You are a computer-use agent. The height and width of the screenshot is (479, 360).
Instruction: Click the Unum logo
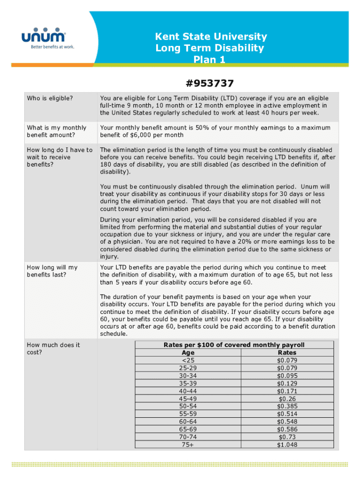click(43, 36)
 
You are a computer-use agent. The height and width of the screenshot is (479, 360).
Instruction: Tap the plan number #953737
click(209, 83)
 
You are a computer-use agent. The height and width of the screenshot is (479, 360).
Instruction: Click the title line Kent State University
click(211, 36)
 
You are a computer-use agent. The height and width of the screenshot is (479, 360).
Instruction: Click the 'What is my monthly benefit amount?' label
click(57, 131)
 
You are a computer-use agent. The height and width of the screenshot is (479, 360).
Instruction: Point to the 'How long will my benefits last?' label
click(52, 271)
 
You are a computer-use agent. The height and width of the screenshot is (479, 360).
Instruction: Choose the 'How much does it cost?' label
click(53, 348)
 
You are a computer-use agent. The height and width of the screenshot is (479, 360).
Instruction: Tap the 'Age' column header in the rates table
click(188, 352)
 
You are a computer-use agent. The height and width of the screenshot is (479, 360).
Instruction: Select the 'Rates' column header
click(287, 352)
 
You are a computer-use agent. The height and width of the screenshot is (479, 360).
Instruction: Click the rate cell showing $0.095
click(287, 376)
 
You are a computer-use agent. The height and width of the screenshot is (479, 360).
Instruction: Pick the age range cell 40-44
click(188, 391)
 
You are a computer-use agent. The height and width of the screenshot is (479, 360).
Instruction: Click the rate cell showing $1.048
click(287, 444)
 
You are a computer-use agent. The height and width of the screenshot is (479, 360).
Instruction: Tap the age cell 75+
click(188, 444)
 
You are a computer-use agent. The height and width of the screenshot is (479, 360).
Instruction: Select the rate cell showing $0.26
click(287, 399)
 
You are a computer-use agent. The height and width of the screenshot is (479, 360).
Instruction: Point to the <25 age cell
click(188, 360)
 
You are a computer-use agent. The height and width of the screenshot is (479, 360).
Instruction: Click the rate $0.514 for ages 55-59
click(287, 414)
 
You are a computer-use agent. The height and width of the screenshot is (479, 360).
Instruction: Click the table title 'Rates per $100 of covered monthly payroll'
click(234, 345)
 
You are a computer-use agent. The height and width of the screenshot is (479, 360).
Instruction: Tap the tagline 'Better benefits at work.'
click(52, 47)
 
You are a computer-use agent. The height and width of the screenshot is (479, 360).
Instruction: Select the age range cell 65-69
click(188, 429)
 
